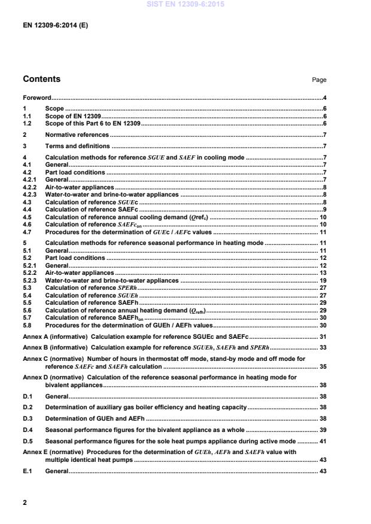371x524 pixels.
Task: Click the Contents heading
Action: coord(41,79)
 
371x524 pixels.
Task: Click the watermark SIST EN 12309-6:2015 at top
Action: coord(185,4)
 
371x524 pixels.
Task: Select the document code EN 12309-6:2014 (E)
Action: coord(55,26)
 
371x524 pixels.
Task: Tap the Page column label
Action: coord(319,80)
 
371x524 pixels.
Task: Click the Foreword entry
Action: coord(37,97)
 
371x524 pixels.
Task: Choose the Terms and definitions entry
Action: coord(77,146)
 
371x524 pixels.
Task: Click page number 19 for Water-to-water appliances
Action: coord(323,280)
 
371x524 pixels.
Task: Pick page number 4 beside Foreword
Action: coord(324,97)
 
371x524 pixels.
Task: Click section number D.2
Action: coord(27,407)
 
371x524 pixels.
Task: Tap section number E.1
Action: coord(27,471)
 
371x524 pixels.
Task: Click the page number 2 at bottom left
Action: coord(25,502)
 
